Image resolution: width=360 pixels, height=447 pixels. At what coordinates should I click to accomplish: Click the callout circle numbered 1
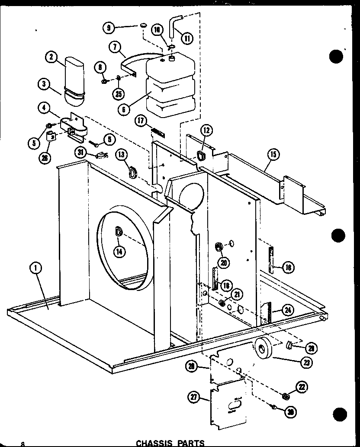[36, 268]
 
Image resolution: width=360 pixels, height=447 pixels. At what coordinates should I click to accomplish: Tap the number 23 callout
[306, 362]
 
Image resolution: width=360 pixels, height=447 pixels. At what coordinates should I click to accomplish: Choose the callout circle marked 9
[109, 29]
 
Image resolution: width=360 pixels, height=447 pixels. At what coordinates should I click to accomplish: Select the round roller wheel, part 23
[263, 349]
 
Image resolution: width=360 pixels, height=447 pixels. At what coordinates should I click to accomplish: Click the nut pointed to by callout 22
[285, 396]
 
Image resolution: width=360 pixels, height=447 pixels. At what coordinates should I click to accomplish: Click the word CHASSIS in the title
[154, 443]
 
